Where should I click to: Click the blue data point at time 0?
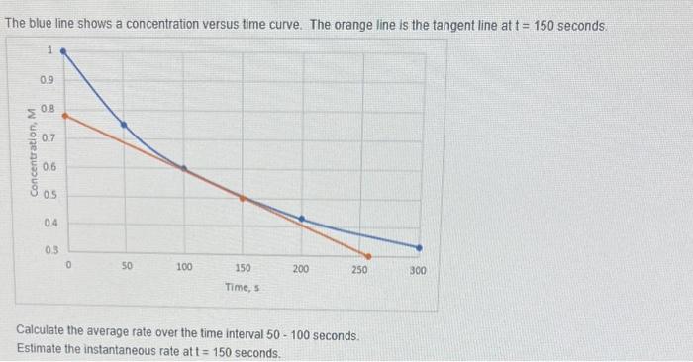coord(64,48)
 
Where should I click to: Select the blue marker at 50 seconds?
coord(124,125)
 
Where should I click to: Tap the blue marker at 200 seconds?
coord(301,219)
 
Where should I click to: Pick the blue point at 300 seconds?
coord(419,247)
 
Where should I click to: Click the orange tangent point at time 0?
coord(64,115)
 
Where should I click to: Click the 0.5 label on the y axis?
coord(48,195)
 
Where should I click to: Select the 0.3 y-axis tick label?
coord(48,251)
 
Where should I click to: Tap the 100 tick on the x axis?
coord(184,268)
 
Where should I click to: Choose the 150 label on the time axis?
coord(243,268)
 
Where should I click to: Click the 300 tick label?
coord(418,269)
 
